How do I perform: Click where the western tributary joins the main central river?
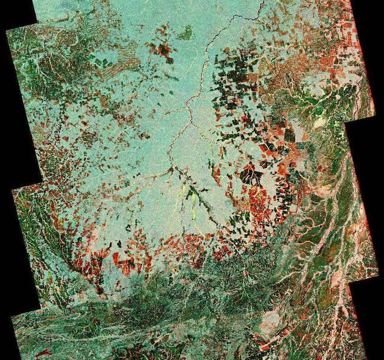point(172,170)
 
